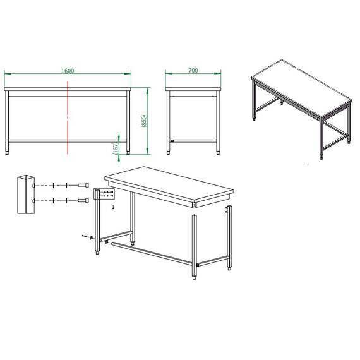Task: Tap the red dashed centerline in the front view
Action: [68, 120]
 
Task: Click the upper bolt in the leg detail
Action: [82, 185]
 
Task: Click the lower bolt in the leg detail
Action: [82, 201]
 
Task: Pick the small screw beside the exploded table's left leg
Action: [84, 236]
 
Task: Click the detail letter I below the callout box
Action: [112, 207]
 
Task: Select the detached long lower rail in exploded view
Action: [152, 251]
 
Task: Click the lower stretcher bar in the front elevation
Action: [68, 139]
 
